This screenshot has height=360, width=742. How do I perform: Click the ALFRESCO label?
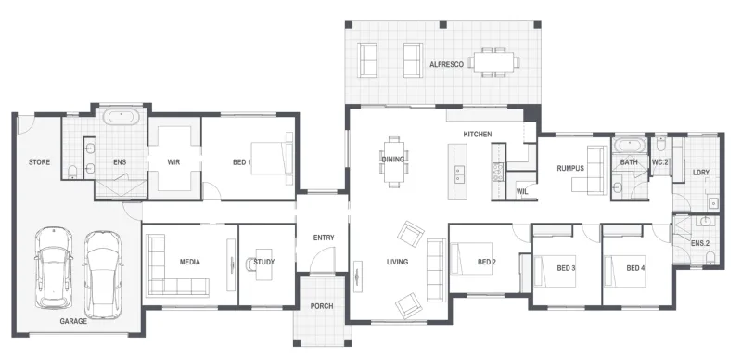tap(446, 64)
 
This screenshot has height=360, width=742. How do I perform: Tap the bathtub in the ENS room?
tap(122, 117)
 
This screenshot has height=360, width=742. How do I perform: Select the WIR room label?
tap(173, 162)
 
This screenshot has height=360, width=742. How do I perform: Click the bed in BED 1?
tap(272, 159)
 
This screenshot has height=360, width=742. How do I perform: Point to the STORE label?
tap(39, 162)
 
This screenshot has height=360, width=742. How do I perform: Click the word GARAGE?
tap(73, 321)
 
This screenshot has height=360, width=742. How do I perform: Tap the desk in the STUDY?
tap(264, 264)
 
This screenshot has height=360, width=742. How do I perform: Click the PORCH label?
tap(322, 306)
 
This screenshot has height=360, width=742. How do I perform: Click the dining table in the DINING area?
tap(393, 161)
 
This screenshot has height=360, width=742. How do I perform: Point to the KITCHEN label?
tap(477, 134)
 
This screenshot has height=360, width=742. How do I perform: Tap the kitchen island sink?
tap(459, 174)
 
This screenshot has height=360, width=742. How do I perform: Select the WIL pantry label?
tap(522, 192)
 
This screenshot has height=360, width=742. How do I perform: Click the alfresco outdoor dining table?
tap(494, 62)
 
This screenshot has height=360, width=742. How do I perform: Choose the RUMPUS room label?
tap(570, 168)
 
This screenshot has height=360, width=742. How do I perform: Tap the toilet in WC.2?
tap(661, 144)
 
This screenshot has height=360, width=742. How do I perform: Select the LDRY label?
tap(701, 173)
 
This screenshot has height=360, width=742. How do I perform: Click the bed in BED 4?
tap(625, 272)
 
